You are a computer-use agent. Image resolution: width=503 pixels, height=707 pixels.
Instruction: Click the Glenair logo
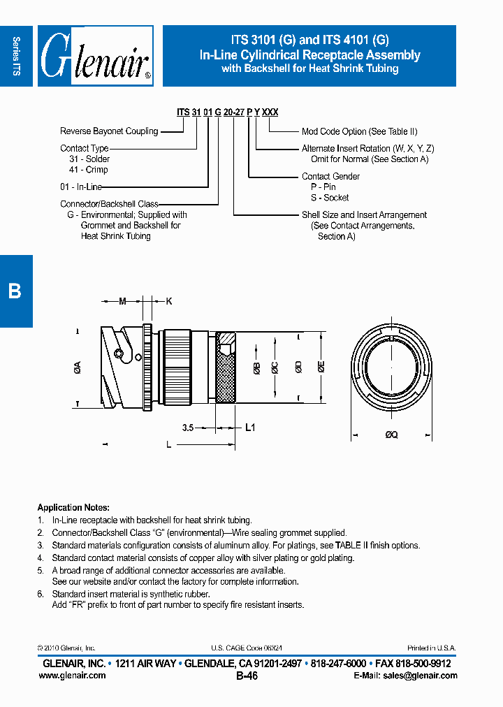point(96,57)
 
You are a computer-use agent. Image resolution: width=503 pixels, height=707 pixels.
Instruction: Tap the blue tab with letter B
point(15,291)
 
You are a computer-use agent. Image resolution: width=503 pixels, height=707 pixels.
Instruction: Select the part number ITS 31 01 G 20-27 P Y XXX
point(227,112)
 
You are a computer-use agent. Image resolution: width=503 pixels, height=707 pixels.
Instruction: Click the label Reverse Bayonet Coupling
point(109,131)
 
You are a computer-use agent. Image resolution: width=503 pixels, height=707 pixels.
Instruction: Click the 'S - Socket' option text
point(330,198)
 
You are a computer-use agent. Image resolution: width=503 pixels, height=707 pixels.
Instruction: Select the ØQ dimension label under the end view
point(391,435)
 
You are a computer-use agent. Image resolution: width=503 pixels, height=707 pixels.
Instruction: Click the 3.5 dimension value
point(187,428)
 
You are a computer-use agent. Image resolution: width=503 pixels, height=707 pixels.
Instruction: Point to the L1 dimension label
point(250,428)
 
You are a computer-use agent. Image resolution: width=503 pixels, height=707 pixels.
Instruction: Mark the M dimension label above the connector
point(122,302)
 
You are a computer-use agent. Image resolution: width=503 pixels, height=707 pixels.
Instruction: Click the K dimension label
point(168,302)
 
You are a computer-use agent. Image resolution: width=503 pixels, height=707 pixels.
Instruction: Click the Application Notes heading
point(73,508)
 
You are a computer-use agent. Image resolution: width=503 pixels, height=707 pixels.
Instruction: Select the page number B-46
point(247,676)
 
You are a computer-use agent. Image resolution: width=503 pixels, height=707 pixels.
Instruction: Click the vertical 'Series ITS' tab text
point(16,56)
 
